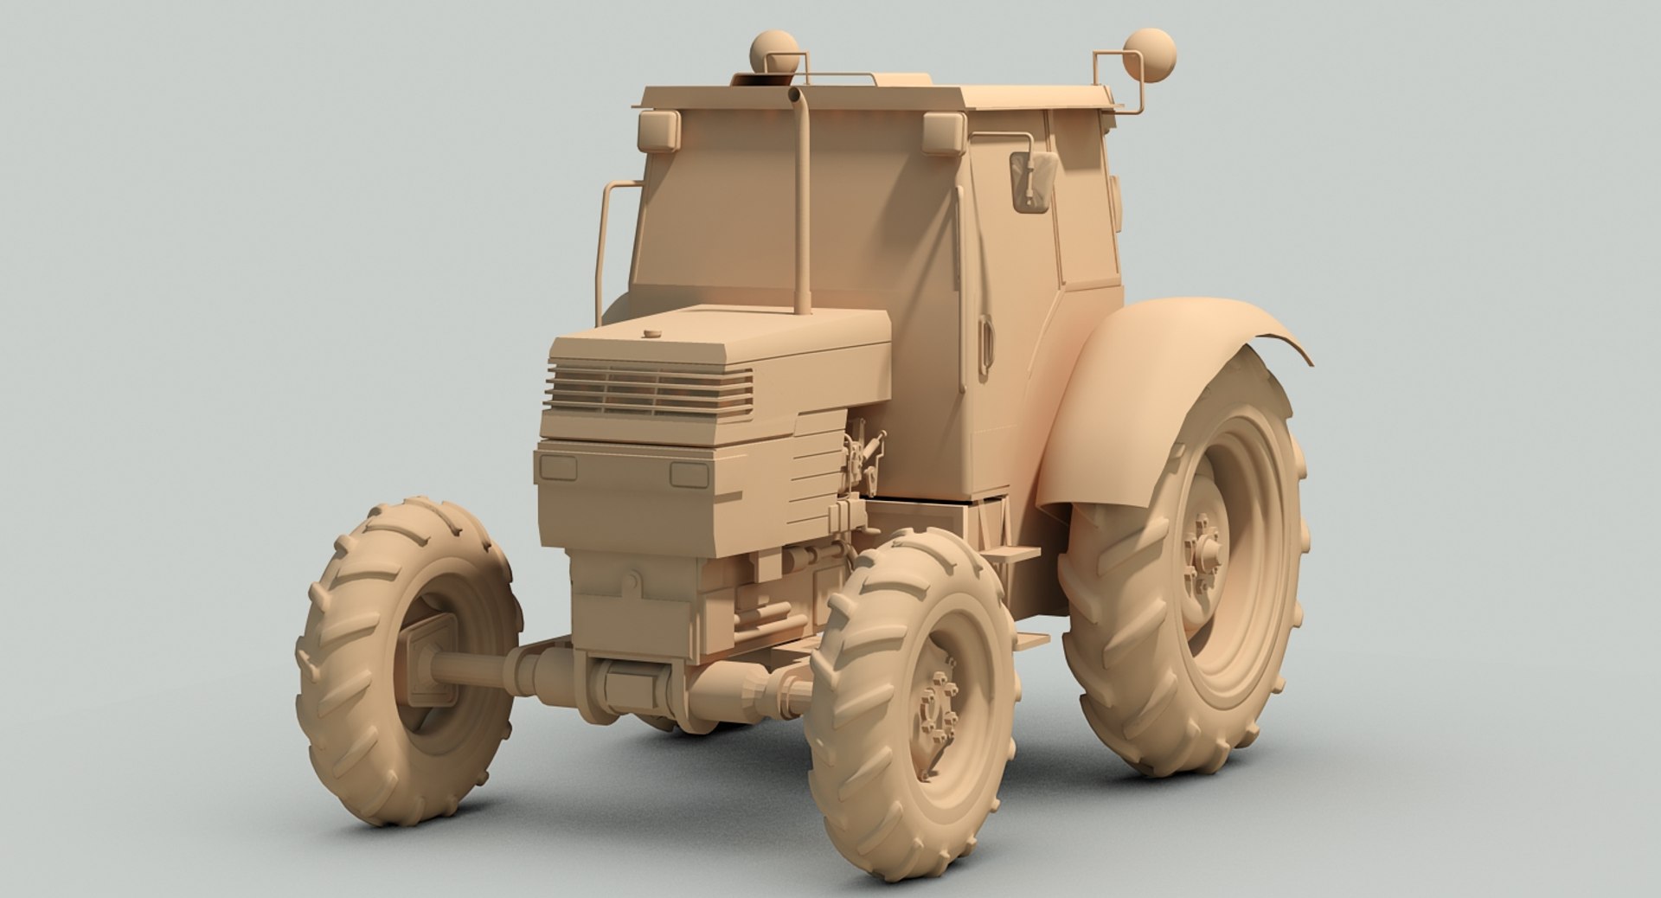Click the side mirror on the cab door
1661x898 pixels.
(1034, 181)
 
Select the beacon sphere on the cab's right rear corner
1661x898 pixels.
(1150, 54)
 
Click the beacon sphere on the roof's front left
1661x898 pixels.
(773, 48)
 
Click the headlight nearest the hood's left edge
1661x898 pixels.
(558, 468)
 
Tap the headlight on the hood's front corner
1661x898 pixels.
(689, 474)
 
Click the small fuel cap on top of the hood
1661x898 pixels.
(651, 332)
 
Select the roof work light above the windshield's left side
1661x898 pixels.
(659, 131)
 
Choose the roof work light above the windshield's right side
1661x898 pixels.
(943, 133)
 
